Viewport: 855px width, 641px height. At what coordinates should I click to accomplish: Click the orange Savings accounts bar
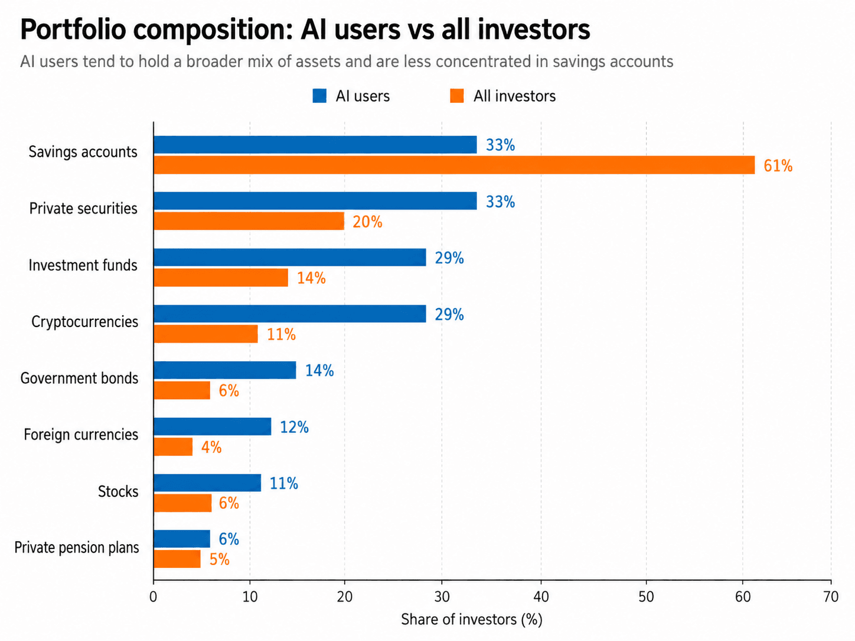tap(454, 165)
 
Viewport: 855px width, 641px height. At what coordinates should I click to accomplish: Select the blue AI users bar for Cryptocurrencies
tap(290, 313)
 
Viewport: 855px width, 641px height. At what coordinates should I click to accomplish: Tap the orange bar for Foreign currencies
tap(173, 446)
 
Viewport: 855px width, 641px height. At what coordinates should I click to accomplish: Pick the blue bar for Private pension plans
tap(182, 539)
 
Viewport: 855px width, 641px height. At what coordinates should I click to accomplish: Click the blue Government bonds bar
tap(225, 369)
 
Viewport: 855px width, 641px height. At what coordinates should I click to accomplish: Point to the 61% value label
tap(778, 166)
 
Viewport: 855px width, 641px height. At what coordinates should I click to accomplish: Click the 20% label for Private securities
tap(367, 222)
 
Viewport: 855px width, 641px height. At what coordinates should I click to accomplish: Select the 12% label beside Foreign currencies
tap(294, 427)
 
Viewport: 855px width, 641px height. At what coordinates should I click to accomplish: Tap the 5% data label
tap(219, 560)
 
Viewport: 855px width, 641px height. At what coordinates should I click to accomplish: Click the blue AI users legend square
tap(319, 96)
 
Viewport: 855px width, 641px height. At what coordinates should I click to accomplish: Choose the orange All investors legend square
tap(456, 96)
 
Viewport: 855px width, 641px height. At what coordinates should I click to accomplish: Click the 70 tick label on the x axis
tap(831, 597)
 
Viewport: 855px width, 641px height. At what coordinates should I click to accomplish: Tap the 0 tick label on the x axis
tap(153, 597)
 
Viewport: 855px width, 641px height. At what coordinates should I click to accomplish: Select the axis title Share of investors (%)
tap(472, 620)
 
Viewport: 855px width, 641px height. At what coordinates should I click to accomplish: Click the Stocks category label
tap(118, 492)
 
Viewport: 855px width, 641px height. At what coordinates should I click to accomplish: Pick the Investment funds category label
tap(83, 265)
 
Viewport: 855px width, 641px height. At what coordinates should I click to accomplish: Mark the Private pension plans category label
tap(77, 548)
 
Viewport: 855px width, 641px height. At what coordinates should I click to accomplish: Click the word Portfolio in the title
tap(73, 30)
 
